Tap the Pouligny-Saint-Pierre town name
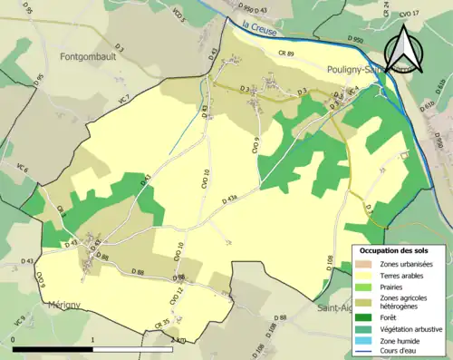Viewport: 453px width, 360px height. pos(362,69)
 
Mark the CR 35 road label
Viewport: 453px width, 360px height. pos(162,323)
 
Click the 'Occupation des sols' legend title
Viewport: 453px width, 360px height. pos(395,249)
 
